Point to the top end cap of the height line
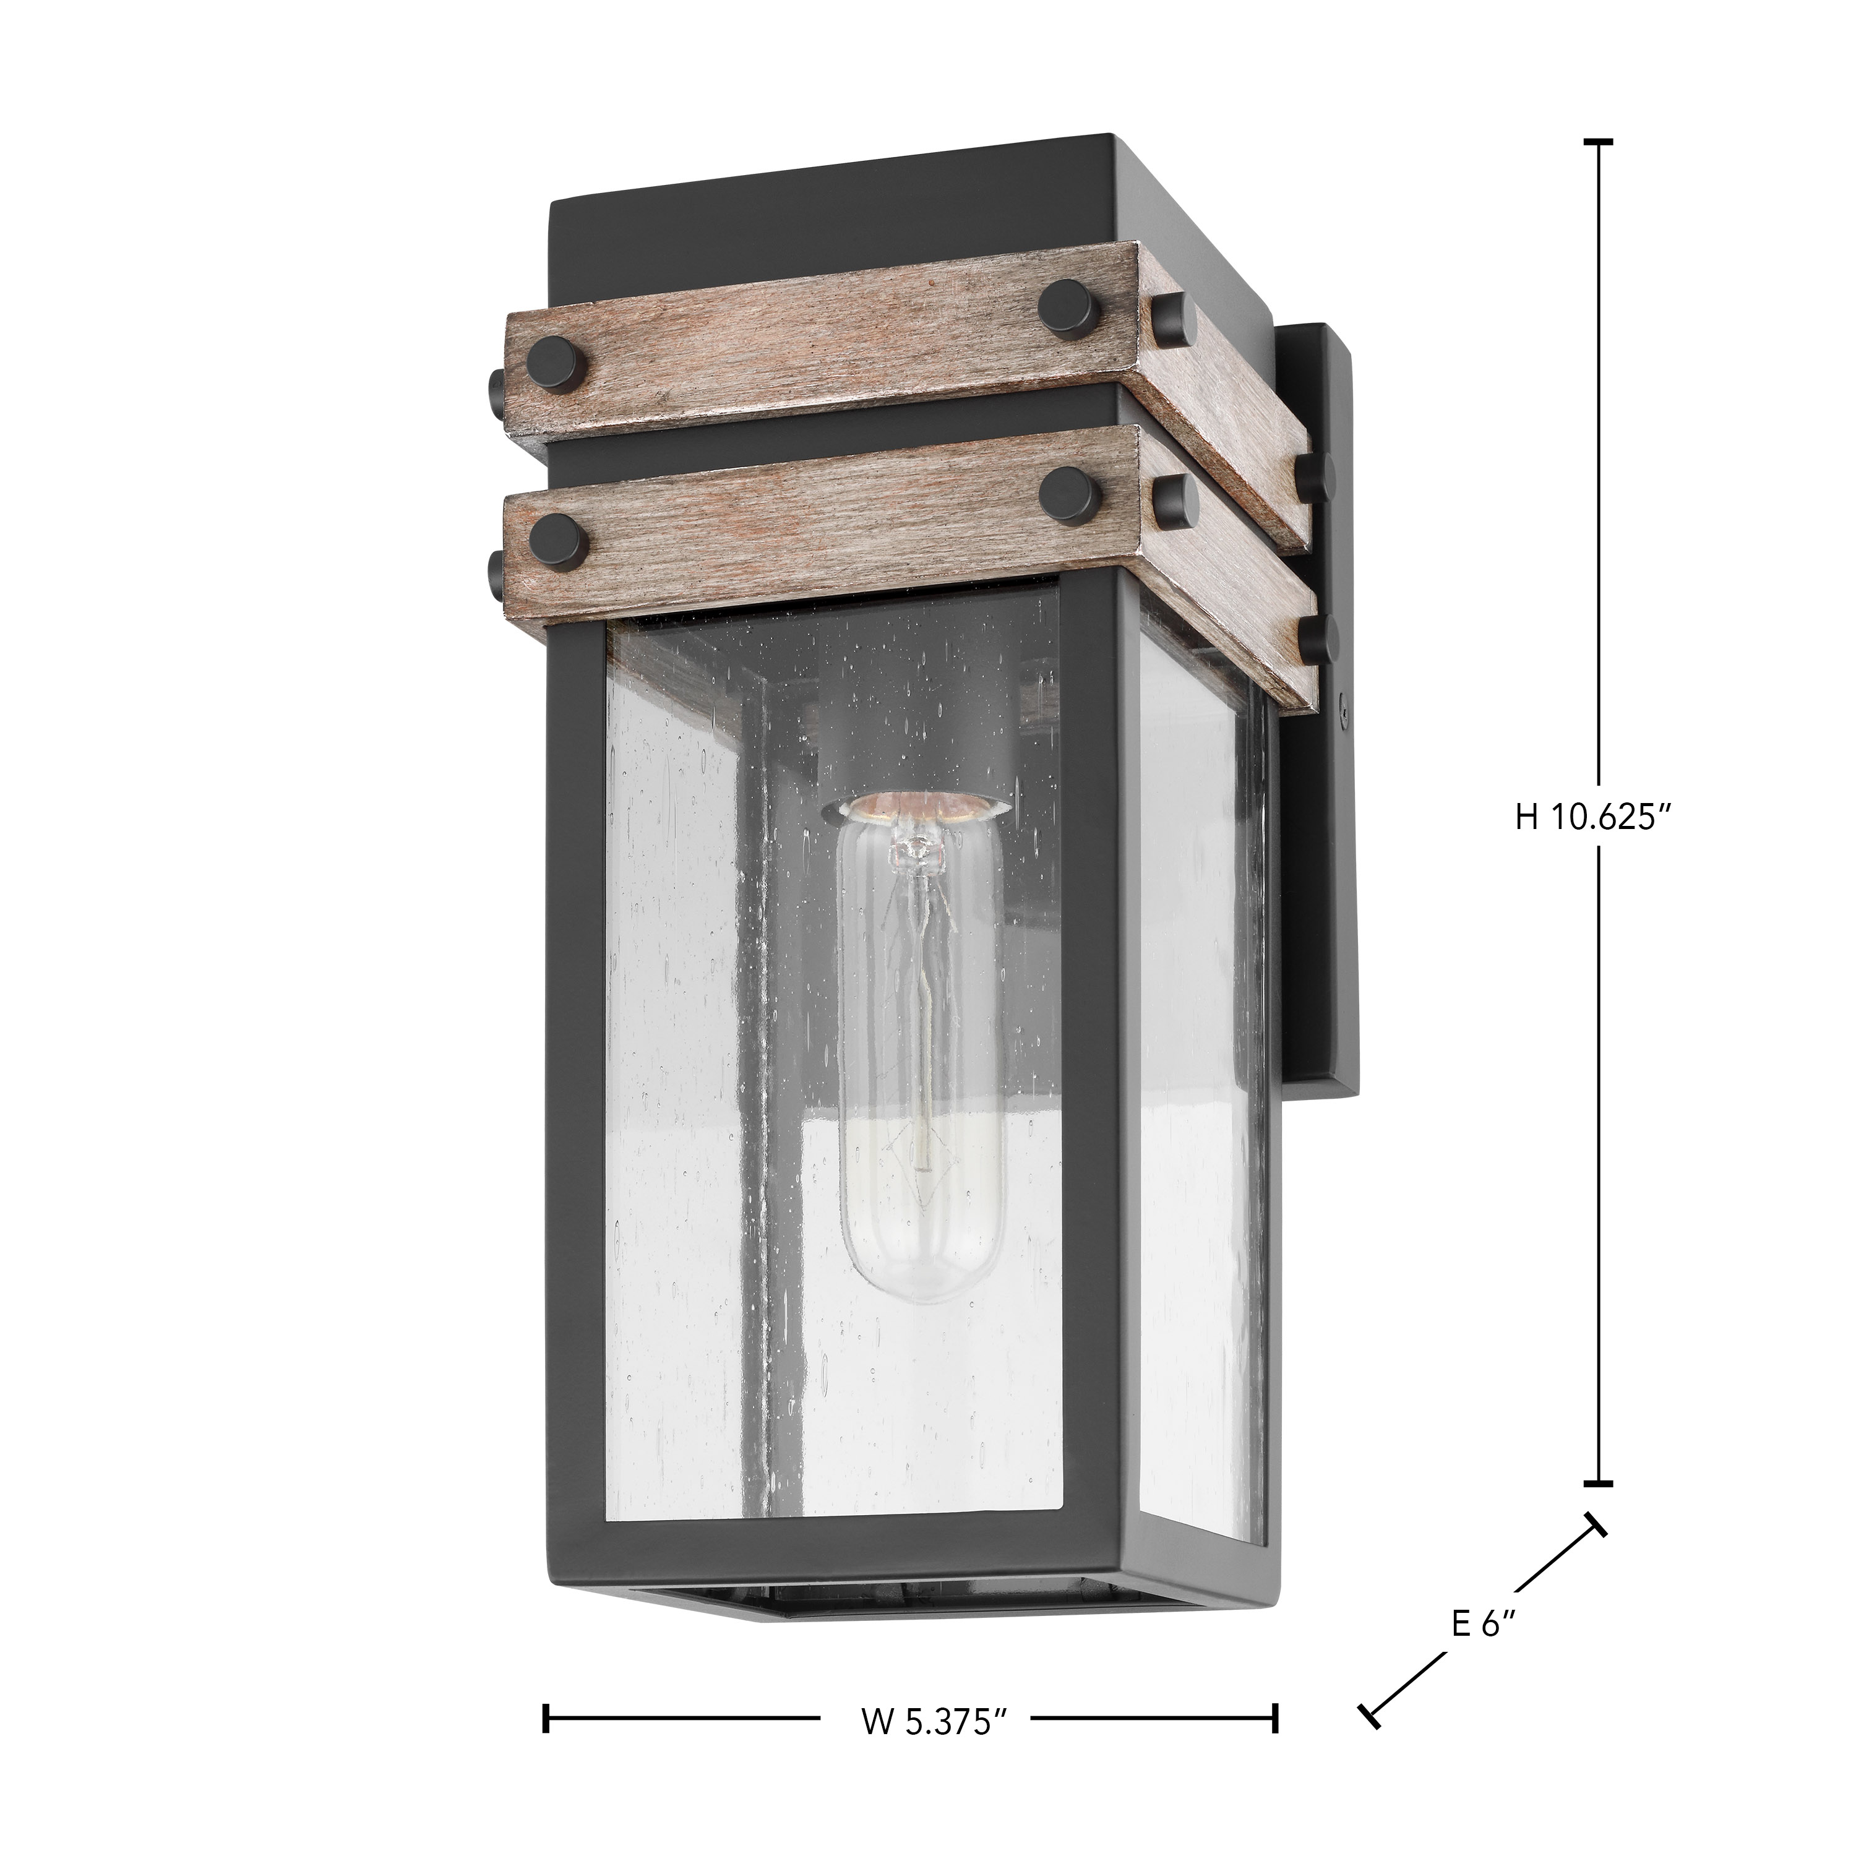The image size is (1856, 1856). coord(1597,142)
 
